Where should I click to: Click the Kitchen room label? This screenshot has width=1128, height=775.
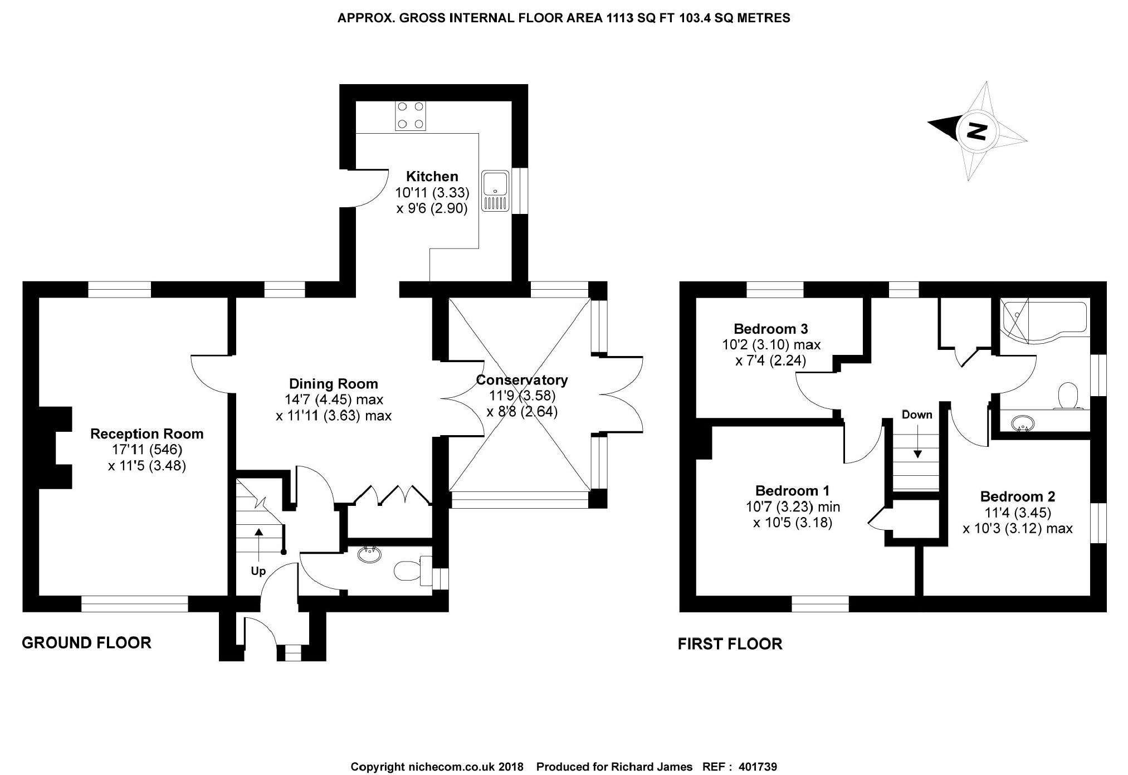(432, 177)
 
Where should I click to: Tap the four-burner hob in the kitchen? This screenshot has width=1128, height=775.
(410, 115)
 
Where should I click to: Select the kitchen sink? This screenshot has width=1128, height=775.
(496, 191)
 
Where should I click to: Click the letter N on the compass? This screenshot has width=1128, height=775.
(975, 131)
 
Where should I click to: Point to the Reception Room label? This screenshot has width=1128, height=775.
(147, 434)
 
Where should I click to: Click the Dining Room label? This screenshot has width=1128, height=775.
(333, 384)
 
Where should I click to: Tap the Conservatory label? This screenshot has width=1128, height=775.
(521, 380)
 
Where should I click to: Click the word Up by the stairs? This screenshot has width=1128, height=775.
(258, 571)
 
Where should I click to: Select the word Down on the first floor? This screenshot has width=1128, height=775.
(917, 415)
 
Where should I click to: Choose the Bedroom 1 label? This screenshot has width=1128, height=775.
(792, 491)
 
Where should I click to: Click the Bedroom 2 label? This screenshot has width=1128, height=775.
(1017, 496)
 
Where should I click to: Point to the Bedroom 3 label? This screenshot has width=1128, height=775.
(770, 329)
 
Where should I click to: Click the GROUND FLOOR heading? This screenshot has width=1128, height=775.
(86, 643)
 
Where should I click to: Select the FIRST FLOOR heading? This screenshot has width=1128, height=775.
(730, 644)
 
